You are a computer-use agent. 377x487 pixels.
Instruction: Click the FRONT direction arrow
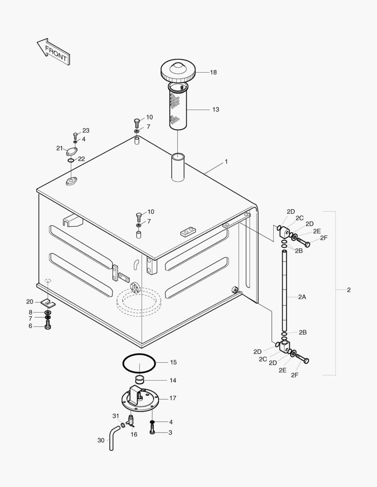pyautogui.click(x=53, y=51)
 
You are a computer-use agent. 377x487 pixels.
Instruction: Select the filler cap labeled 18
pyautogui.click(x=178, y=72)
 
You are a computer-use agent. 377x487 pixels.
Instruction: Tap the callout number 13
pyautogui.click(x=215, y=109)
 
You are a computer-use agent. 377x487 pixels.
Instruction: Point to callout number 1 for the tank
pyautogui.click(x=226, y=161)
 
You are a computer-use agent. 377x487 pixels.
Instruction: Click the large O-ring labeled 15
pyautogui.click(x=140, y=362)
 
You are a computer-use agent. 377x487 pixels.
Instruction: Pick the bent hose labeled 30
pyautogui.click(x=113, y=438)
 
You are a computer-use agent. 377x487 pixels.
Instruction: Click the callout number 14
pyautogui.click(x=173, y=381)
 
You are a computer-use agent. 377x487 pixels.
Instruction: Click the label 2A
pyautogui.click(x=302, y=297)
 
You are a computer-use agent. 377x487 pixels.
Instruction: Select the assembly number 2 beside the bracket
pyautogui.click(x=349, y=290)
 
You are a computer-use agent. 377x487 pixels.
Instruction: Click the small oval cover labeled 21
pyautogui.click(x=72, y=152)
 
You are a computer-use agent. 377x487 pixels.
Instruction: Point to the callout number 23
pyautogui.click(x=86, y=130)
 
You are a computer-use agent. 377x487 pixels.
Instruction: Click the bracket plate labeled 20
pyautogui.click(x=46, y=303)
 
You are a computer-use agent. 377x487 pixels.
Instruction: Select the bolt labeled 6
pyautogui.click(x=48, y=326)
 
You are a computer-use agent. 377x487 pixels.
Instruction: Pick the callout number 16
pyautogui.click(x=134, y=434)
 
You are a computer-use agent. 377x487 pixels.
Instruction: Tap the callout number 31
pyautogui.click(x=116, y=416)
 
